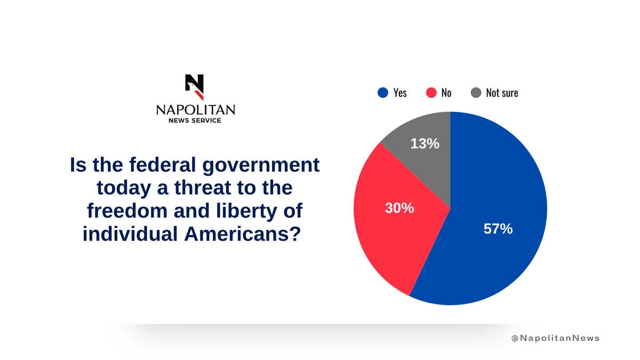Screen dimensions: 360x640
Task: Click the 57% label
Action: [x=498, y=229]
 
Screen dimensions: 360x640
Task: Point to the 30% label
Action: [x=399, y=208]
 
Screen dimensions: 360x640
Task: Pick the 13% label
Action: [x=425, y=143]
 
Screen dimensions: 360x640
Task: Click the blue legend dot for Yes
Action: [x=382, y=93]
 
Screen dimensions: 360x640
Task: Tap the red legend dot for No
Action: [x=431, y=93]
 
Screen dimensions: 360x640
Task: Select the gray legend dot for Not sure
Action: [x=476, y=93]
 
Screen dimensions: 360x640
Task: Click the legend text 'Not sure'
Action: [x=502, y=93]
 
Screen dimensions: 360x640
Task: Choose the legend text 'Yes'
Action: [x=400, y=93]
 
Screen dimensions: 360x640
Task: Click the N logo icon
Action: [x=195, y=87]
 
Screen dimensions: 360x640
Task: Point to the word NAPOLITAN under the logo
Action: [x=195, y=110]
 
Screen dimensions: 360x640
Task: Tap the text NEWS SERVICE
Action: [x=195, y=121]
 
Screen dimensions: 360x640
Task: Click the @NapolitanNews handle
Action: [x=555, y=338]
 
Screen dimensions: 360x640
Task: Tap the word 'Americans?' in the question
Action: [x=246, y=234]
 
